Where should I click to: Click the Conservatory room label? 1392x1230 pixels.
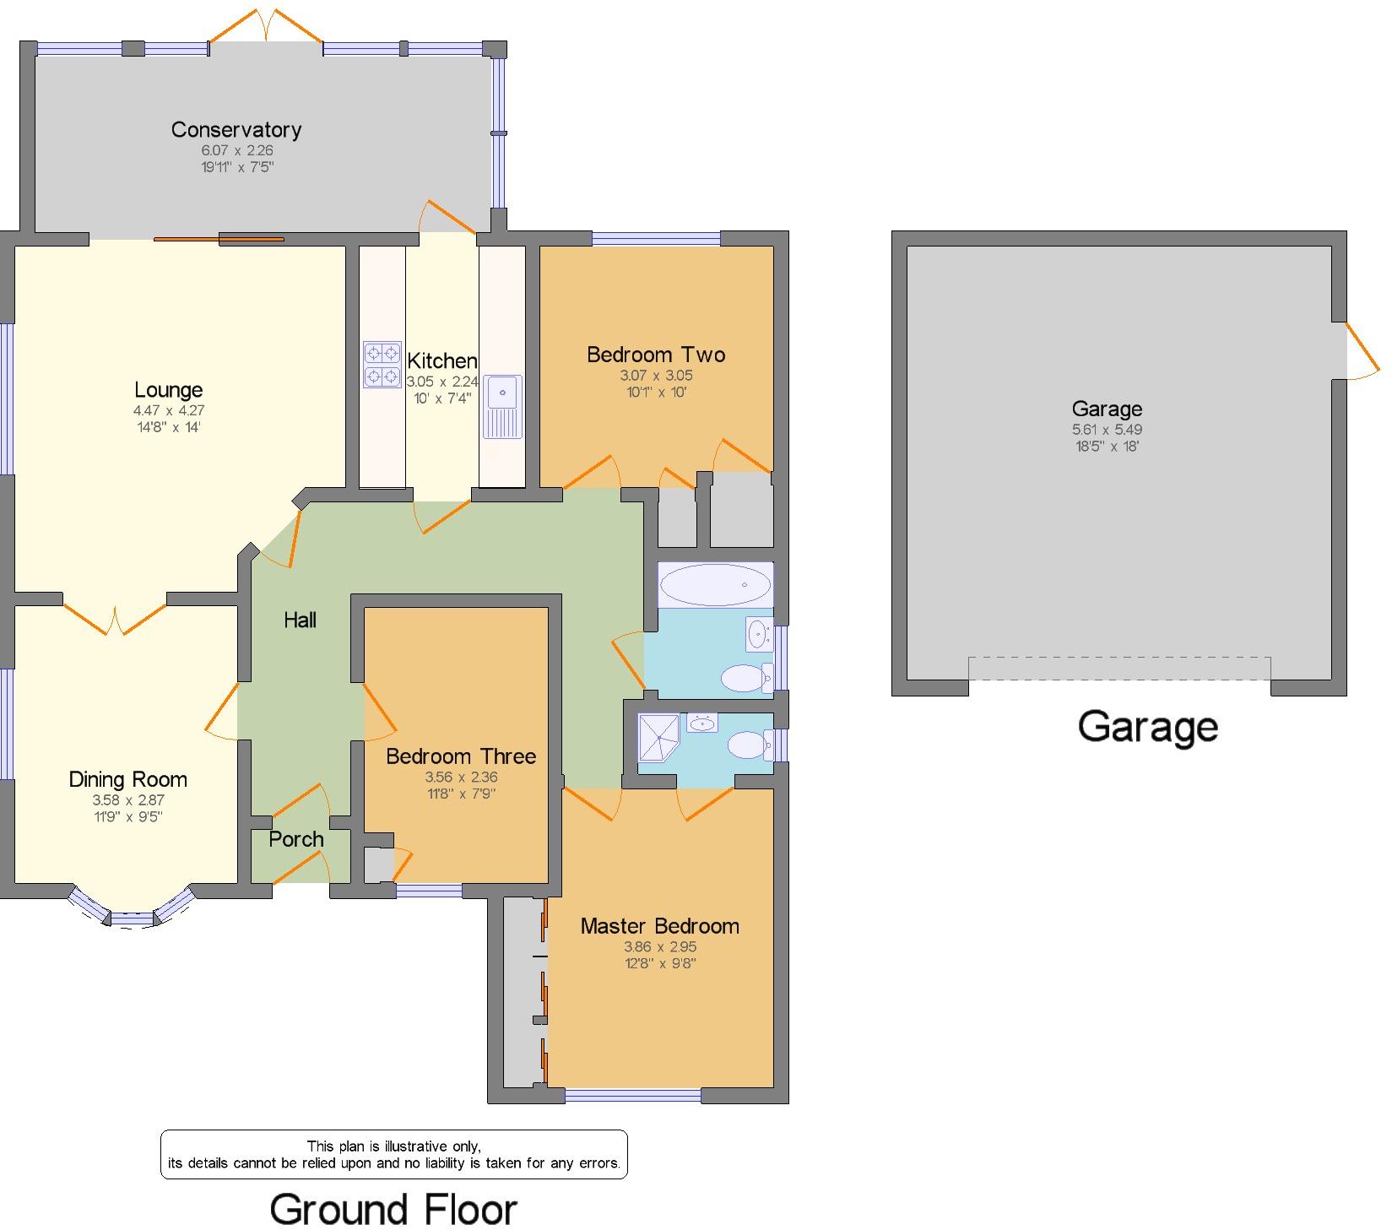coord(236,129)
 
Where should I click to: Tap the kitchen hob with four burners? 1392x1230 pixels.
coord(382,364)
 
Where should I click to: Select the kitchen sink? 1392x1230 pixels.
coord(503,406)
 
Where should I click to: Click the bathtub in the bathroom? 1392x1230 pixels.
coord(715,584)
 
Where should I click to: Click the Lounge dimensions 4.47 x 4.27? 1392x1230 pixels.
coord(168,410)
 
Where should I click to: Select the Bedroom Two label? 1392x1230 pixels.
coord(656,355)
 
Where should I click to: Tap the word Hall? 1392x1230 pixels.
coord(300,620)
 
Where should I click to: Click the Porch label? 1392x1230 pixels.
coord(296,839)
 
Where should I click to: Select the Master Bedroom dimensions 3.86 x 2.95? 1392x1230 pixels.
coord(659,946)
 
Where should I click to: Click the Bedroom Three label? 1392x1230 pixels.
coord(461,756)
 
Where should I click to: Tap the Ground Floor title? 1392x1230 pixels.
coord(393,1209)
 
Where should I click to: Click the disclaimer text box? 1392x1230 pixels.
coord(393,1154)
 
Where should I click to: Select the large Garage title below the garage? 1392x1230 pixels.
coord(1147,727)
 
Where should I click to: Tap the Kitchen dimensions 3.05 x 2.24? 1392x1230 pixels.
coord(441,382)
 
